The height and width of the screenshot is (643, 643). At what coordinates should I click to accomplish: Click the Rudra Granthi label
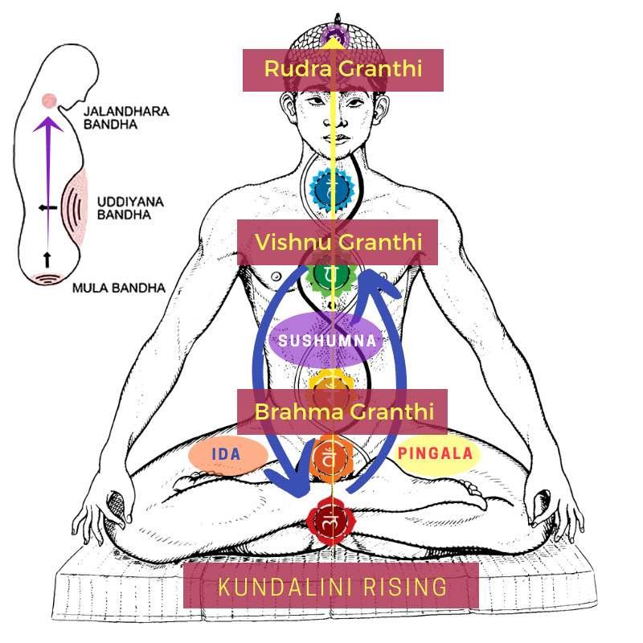[343, 69]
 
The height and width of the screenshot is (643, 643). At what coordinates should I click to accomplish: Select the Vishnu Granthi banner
[338, 242]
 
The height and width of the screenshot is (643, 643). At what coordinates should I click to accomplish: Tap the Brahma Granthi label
[343, 412]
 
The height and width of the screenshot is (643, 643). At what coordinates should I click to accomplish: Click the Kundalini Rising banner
[331, 585]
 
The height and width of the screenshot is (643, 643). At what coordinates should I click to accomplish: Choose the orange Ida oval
[227, 454]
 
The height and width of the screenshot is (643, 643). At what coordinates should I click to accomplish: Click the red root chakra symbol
[330, 522]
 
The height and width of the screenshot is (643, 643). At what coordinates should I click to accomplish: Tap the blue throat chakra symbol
[332, 190]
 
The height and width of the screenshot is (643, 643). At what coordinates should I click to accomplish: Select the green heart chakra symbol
[331, 276]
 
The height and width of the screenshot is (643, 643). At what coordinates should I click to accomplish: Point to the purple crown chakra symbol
[332, 35]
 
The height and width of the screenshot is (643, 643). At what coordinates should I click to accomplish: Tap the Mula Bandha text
[118, 288]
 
